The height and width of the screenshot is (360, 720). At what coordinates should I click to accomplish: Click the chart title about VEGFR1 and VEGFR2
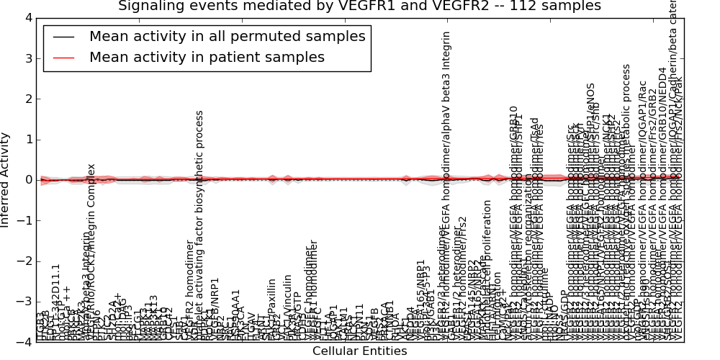click(x=359, y=6)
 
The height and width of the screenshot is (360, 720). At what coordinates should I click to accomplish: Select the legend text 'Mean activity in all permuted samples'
click(x=228, y=37)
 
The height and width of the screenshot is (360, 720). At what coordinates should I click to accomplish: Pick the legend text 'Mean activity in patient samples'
click(x=207, y=58)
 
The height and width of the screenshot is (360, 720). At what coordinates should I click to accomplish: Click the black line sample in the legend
click(x=63, y=37)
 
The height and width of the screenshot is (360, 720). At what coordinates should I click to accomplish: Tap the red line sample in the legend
click(x=63, y=58)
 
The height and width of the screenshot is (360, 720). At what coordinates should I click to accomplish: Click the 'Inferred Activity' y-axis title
click(x=6, y=180)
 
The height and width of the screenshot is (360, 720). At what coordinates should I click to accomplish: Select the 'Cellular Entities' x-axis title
click(x=359, y=351)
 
